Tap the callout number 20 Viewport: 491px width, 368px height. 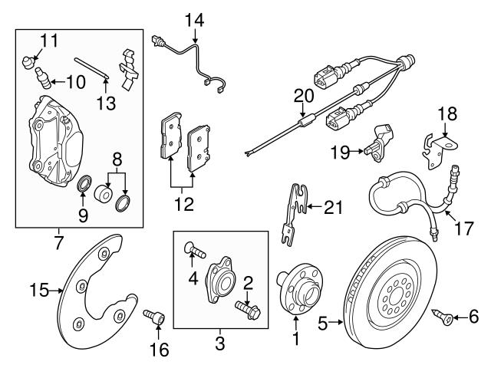304,95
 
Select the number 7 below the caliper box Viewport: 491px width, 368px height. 58,244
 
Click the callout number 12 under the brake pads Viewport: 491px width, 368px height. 182,205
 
